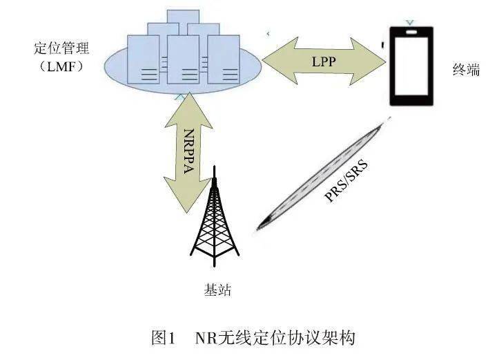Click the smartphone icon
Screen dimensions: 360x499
click(411, 66)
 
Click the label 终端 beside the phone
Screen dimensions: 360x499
click(467, 70)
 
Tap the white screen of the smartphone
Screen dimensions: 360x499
click(411, 69)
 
